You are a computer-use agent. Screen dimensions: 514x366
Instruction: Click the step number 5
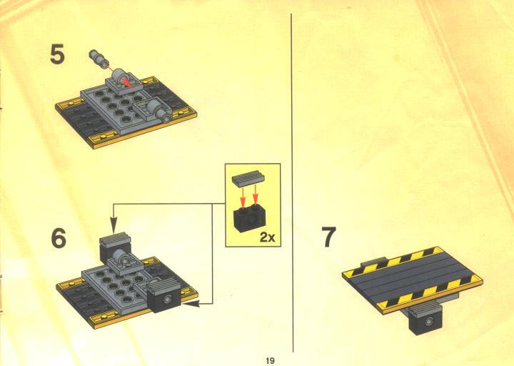tap(57, 54)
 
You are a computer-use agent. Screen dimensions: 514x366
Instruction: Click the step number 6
tap(59, 238)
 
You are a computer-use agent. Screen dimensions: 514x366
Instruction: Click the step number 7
tap(329, 237)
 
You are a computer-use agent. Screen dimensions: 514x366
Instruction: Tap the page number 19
tap(270, 360)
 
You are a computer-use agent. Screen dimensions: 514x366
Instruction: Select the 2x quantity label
tap(268, 237)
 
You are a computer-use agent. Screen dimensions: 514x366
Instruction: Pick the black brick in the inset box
tap(249, 218)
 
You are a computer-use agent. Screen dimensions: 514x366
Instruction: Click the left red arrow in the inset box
tap(243, 197)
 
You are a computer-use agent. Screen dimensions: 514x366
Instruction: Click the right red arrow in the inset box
tap(256, 197)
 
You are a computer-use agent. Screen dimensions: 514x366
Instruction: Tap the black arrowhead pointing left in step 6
tap(191, 305)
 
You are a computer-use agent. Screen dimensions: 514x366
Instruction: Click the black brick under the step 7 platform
tap(425, 319)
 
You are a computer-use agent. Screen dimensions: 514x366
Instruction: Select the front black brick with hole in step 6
tap(164, 297)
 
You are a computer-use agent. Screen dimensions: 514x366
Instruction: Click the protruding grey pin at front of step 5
tap(159, 109)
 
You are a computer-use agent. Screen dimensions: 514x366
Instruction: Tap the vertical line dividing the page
tap(292, 183)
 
